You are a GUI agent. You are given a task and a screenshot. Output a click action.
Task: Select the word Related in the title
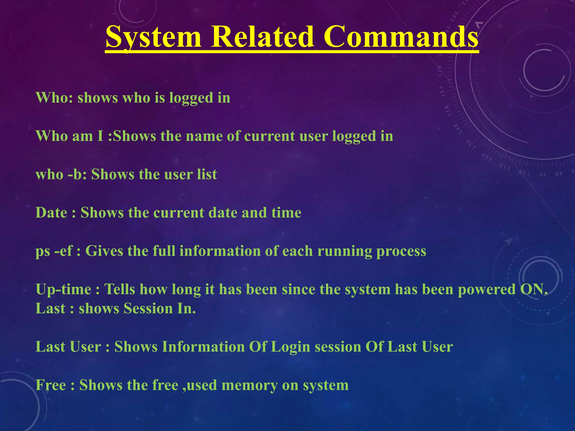[x=262, y=37]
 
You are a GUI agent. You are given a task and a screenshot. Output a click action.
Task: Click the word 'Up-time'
[x=63, y=289]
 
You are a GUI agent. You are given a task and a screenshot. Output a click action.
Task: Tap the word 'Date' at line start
[x=51, y=213]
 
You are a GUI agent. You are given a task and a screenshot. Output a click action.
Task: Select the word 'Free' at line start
[x=51, y=385]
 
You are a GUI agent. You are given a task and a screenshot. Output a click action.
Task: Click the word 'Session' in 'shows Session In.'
[x=148, y=308]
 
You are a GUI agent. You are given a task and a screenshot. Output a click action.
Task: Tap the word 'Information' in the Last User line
[x=204, y=347]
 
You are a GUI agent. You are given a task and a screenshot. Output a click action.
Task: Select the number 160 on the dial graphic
[x=441, y=91]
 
